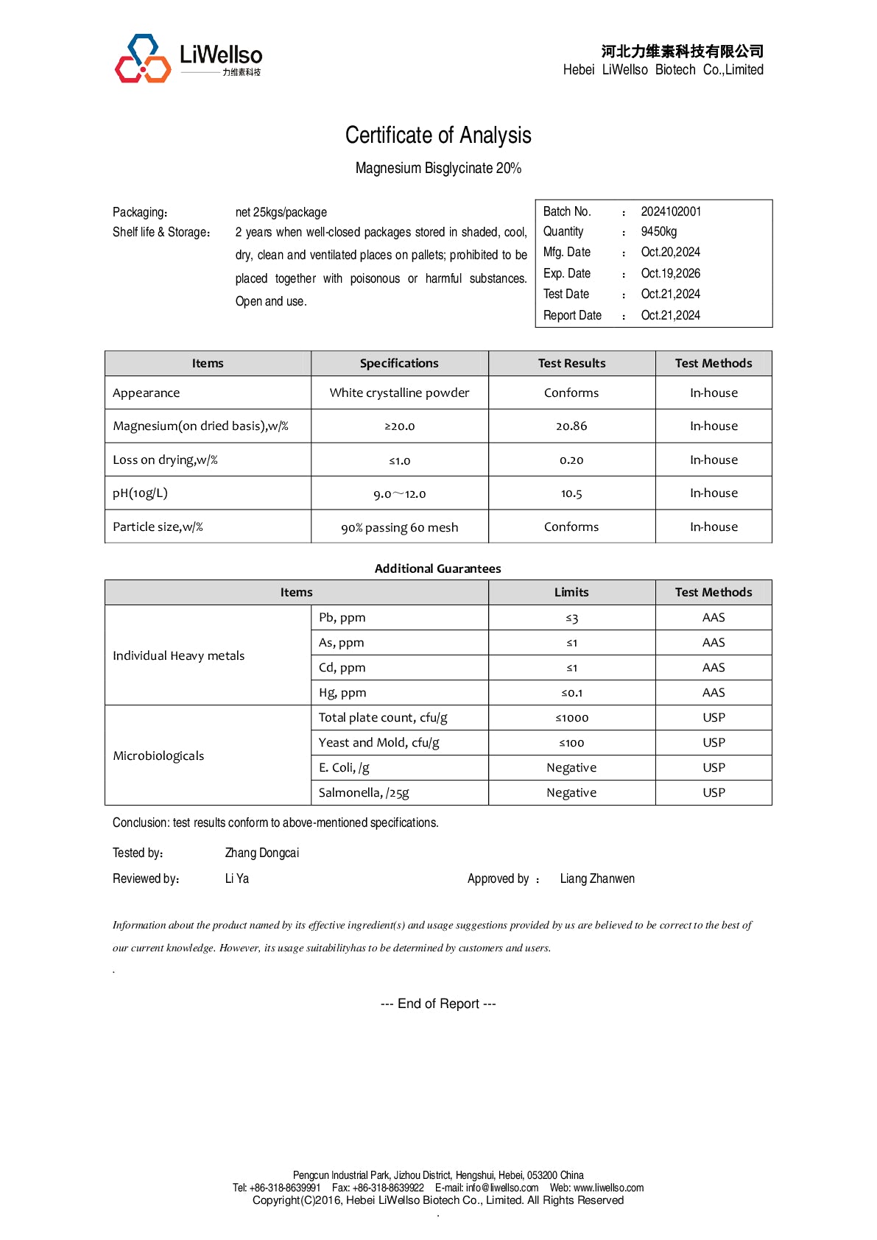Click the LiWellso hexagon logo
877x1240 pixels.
pos(143,58)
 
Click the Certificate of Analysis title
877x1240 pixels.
pos(438,135)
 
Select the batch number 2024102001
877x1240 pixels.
pos(671,211)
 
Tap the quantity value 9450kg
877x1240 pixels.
pos(658,231)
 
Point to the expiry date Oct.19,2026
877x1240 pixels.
pos(670,273)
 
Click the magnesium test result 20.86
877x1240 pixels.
pos(571,426)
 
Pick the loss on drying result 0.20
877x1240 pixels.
pos(571,460)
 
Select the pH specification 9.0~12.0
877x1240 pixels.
pos(399,494)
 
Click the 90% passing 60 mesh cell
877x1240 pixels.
pos(399,527)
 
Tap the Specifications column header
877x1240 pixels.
pos(399,363)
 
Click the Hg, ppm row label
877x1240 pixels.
pos(342,693)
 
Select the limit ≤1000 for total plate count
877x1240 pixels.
pos(571,718)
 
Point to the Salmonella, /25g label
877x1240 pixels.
pos(364,793)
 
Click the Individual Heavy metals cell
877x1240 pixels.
pos(179,655)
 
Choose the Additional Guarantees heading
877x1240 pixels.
pos(437,568)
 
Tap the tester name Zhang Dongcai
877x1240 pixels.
pos(262,853)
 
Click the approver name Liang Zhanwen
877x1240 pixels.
pos(597,878)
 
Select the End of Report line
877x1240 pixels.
pos(438,1004)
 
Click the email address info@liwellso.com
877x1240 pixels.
pos(501,1188)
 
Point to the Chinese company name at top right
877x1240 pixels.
pos(682,51)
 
